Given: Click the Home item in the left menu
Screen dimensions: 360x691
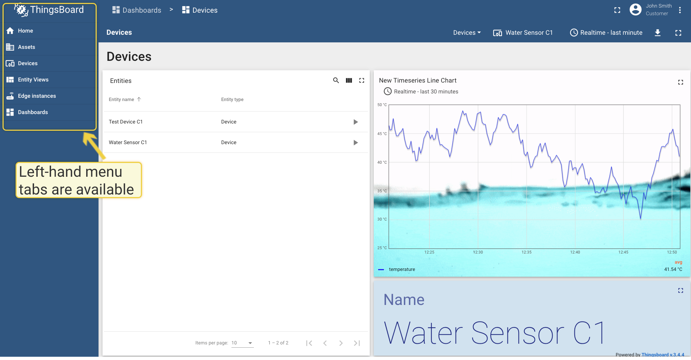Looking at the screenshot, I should click(x=25, y=31).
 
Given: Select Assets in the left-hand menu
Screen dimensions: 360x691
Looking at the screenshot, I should click(x=26, y=47).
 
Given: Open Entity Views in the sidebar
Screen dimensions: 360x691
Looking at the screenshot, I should click(x=33, y=80).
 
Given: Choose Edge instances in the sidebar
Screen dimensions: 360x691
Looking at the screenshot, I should click(x=37, y=96).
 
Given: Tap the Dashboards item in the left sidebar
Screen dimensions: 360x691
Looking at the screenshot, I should click(x=33, y=112).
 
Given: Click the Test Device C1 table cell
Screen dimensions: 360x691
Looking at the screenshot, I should click(x=126, y=122).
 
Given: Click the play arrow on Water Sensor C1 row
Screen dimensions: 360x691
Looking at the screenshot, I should click(x=356, y=143).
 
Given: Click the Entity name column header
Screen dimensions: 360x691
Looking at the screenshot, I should click(x=122, y=100).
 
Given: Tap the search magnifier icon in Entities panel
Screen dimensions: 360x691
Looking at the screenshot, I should click(x=336, y=80).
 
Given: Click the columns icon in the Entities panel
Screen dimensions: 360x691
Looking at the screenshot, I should click(x=349, y=80).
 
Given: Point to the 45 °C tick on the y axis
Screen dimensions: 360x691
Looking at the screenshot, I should click(x=382, y=134).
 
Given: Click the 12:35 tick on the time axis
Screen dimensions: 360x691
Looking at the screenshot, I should click(x=527, y=252).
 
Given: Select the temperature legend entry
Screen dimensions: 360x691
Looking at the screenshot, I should click(x=402, y=269).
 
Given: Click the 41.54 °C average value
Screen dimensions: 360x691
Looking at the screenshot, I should click(x=673, y=269).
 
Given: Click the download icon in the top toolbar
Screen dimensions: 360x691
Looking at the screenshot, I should click(x=658, y=33).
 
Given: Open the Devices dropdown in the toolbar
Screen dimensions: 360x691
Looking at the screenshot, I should click(x=467, y=33).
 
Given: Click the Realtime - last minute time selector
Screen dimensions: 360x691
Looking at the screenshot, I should click(x=606, y=33).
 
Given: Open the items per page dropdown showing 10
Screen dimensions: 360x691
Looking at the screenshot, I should click(x=242, y=343).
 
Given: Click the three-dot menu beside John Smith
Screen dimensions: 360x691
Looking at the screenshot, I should click(x=680, y=10).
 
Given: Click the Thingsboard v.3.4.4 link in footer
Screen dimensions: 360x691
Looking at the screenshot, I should click(x=663, y=355).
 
